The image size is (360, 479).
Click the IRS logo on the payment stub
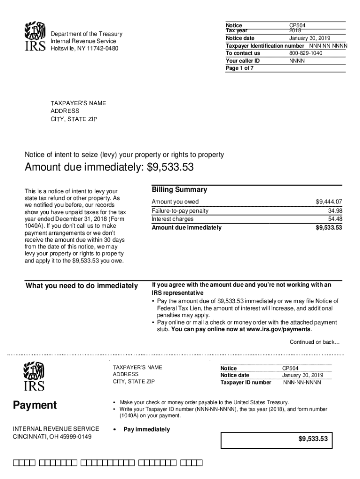click(x=34, y=377)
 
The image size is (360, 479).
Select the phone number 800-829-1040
click(x=306, y=53)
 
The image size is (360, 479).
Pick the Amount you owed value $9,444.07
click(x=329, y=202)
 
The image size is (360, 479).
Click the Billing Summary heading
click(x=179, y=190)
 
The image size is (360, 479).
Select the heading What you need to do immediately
click(x=82, y=286)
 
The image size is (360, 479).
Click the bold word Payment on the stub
click(x=35, y=405)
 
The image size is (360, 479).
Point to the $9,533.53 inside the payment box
click(x=313, y=439)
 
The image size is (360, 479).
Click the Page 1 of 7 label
click(x=239, y=68)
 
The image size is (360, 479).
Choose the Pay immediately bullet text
click(x=147, y=430)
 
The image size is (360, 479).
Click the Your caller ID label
click(x=242, y=61)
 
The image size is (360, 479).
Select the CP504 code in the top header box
click(x=297, y=25)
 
